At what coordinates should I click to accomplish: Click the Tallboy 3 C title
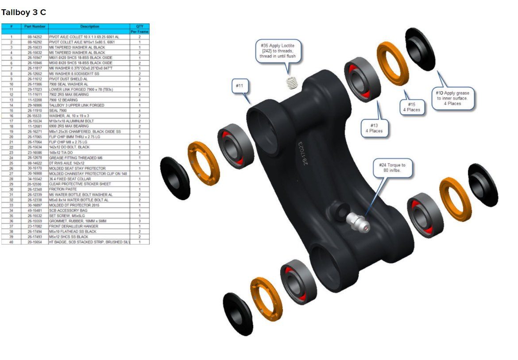point(23,12)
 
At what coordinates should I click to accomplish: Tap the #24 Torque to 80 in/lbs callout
point(392,168)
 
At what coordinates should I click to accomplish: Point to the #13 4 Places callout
point(374,128)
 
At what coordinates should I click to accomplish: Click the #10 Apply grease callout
point(454,98)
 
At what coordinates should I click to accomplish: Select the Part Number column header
point(35,27)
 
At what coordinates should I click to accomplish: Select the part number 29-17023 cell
point(35,89)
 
